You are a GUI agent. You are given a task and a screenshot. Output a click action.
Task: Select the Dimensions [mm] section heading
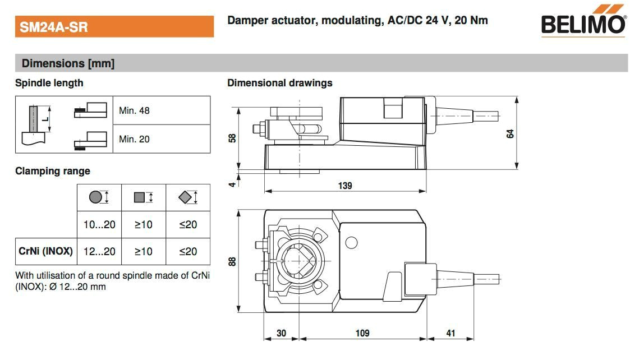point(68,63)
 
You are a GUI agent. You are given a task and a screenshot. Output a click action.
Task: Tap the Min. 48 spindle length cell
point(134,110)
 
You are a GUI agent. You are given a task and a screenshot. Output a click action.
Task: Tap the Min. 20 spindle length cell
point(134,139)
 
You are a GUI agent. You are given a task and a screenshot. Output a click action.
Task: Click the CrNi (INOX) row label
point(45,251)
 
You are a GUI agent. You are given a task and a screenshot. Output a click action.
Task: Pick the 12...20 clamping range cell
point(99,251)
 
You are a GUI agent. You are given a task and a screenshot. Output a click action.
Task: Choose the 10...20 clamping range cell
point(99,224)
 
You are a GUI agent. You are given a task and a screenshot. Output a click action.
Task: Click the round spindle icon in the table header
point(96,197)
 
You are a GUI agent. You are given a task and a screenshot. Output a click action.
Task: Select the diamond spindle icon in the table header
point(186,197)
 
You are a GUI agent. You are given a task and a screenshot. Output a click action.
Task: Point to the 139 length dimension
point(345,186)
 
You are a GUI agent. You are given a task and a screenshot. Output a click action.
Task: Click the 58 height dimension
point(232,138)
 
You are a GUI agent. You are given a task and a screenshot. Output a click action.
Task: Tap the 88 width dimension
point(232,261)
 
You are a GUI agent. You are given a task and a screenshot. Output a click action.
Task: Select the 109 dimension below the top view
point(362,333)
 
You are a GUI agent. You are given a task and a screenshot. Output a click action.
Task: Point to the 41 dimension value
point(450,333)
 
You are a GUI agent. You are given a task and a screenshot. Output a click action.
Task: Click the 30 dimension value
point(281,333)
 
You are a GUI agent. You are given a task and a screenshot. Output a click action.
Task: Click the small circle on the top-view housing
point(351,243)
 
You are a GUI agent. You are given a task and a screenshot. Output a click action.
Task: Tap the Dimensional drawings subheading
point(279,83)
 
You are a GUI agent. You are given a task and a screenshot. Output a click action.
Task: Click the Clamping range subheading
point(52,171)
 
